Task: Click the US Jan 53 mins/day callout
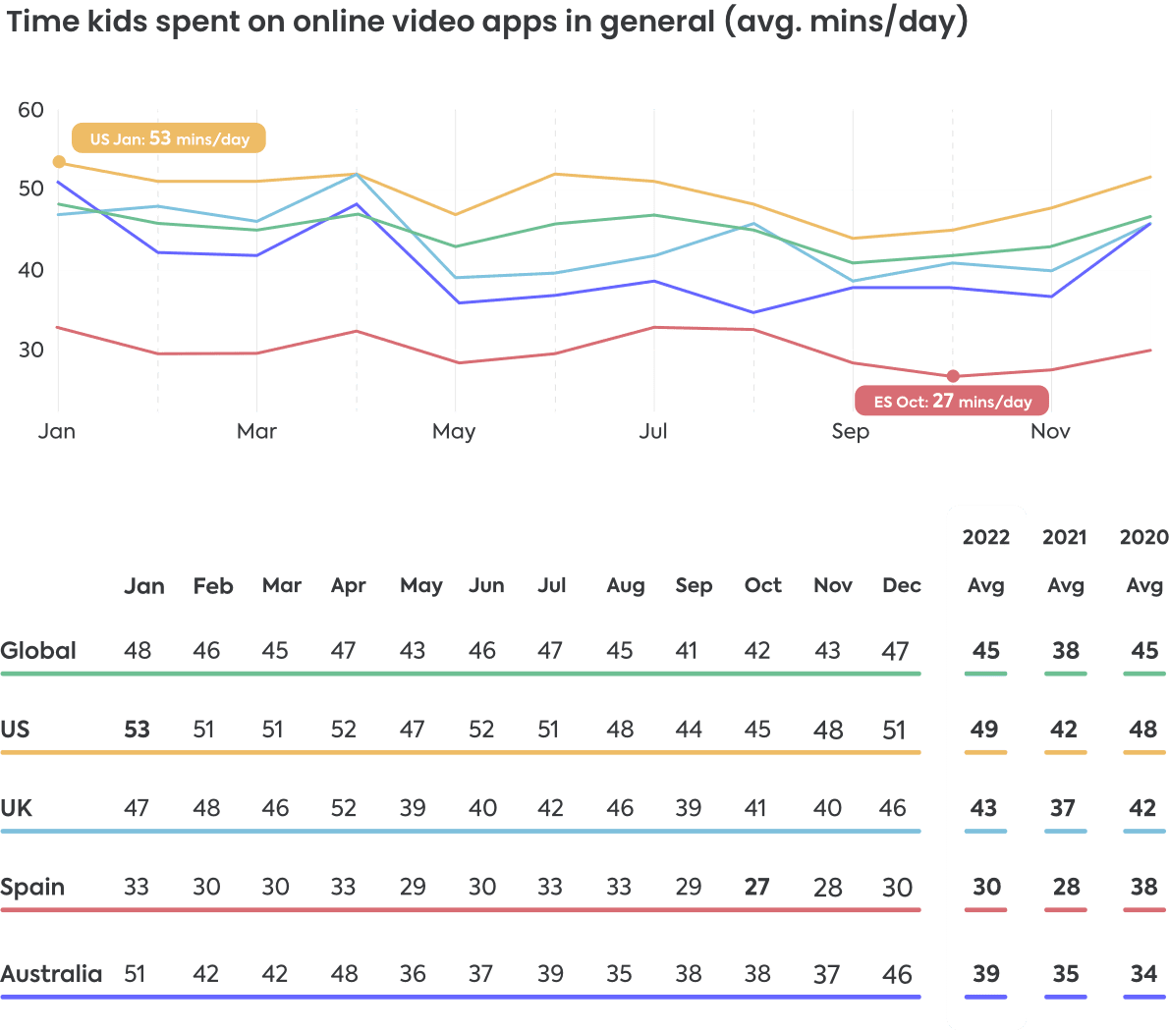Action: point(169,138)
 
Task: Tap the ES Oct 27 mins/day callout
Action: point(952,401)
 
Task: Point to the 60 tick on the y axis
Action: point(31,110)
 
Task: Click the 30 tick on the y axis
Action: point(31,350)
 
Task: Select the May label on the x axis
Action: point(454,431)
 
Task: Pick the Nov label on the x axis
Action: point(1050,431)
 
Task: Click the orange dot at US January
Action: point(59,162)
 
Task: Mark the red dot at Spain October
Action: point(953,376)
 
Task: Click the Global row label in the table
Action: point(38,650)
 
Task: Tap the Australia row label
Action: point(51,974)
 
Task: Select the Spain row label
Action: point(32,887)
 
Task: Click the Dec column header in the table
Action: point(901,586)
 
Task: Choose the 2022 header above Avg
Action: point(985,537)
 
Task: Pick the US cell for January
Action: point(137,730)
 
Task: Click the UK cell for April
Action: point(343,808)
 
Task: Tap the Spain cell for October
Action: point(756,887)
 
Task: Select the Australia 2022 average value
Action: point(985,974)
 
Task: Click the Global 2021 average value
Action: point(1065,650)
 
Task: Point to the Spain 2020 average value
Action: point(1143,887)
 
